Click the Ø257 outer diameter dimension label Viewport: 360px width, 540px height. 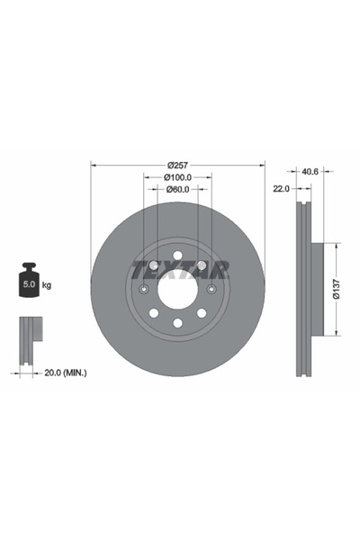pos(177,165)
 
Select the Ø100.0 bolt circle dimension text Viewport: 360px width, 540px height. pos(177,177)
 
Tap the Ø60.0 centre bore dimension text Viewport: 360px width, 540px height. pos(177,190)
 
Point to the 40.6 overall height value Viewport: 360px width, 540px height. pos(310,170)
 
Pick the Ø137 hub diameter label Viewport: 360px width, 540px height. pos(336,289)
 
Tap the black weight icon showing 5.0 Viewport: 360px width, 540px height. pos(30,282)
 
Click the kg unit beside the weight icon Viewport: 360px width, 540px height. pos(47,284)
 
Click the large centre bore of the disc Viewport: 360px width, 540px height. pos(177,289)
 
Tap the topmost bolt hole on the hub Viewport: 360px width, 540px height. pos(177,256)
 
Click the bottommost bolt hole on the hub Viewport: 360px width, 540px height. pos(177,322)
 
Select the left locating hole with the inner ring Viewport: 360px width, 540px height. pos(144,289)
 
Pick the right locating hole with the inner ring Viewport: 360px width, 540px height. pos(211,289)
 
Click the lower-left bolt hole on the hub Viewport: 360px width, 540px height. pos(154,312)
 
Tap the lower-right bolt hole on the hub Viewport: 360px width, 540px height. pos(201,312)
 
